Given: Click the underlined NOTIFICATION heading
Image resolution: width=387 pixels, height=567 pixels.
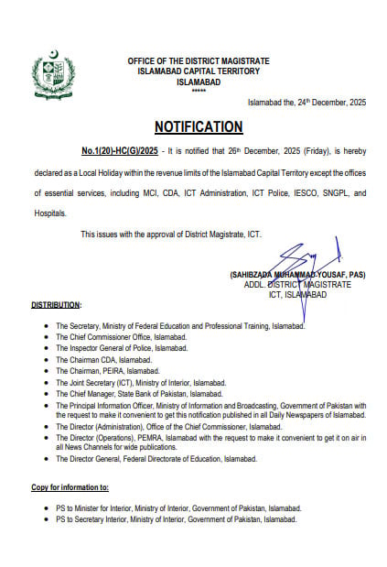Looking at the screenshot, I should tap(198, 126).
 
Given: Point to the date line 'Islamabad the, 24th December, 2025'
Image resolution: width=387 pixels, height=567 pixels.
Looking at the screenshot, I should tap(307, 103).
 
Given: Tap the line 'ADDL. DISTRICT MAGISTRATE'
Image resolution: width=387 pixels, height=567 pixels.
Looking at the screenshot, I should tap(297, 285).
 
